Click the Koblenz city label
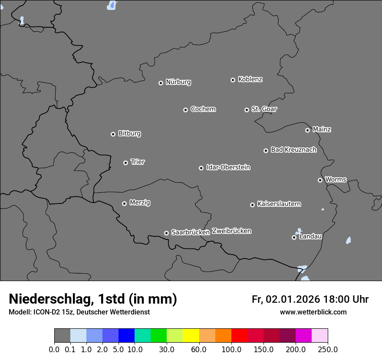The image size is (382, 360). click(x=250, y=79)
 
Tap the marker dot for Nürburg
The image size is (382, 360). click(x=161, y=83)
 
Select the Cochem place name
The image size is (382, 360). click(x=203, y=109)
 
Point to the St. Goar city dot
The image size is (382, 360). click(x=247, y=110)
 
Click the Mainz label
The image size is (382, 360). click(x=322, y=129)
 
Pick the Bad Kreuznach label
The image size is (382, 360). click(x=293, y=150)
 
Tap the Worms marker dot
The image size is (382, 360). click(x=320, y=180)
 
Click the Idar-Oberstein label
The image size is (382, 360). click(x=228, y=167)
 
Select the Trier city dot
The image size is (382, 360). click(x=126, y=163)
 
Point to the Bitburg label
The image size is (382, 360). click(x=129, y=134)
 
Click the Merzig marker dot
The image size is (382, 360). click(x=124, y=203)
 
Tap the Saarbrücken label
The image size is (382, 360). click(x=190, y=232)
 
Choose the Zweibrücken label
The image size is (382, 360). click(x=231, y=231)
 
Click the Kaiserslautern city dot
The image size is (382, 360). click(x=252, y=205)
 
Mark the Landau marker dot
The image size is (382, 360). click(x=294, y=237)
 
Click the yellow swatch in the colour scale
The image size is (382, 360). click(x=191, y=336)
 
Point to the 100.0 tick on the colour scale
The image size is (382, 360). click(x=231, y=350)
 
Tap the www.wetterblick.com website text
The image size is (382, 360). click(x=313, y=312)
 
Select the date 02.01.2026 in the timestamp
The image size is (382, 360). click(x=293, y=299)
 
